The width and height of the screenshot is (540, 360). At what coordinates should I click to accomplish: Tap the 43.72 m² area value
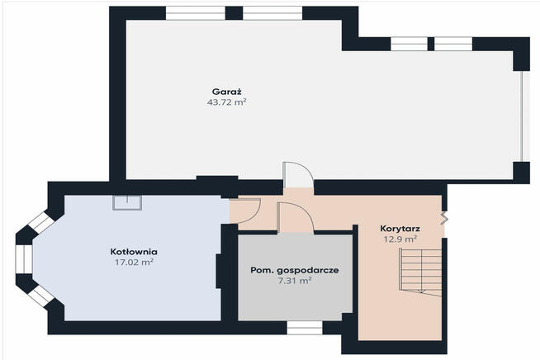point(227,102)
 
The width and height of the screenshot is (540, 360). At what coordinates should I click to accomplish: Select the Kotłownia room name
point(134,251)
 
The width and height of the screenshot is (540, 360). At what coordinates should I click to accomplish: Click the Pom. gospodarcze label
point(293,270)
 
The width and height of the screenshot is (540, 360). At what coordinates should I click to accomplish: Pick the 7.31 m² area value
point(293,281)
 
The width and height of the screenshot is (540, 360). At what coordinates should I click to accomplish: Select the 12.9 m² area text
point(399,239)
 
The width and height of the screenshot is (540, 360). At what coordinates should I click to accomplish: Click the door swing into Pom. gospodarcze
point(294,218)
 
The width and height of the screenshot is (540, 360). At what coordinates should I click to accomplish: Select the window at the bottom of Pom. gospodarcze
point(304,328)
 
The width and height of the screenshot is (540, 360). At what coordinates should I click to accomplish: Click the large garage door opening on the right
point(522,116)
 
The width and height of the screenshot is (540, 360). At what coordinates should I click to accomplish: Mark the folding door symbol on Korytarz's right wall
point(444,218)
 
